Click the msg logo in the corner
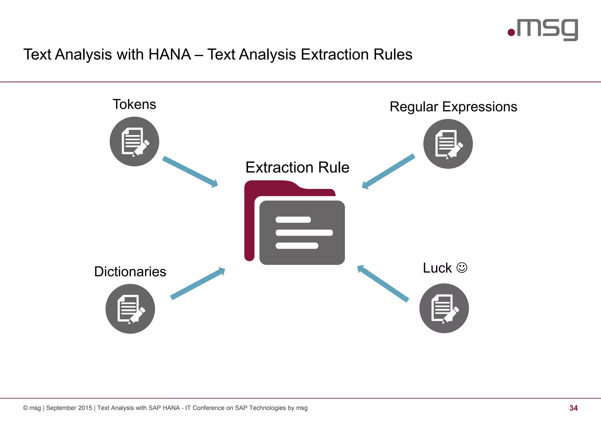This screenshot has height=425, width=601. pyautogui.click(x=543, y=29)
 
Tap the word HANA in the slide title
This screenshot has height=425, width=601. pyautogui.click(x=170, y=55)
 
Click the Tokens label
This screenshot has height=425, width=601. pyautogui.click(x=134, y=105)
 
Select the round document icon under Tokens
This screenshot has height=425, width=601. pyautogui.click(x=134, y=142)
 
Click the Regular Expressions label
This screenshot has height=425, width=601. pyautogui.click(x=453, y=107)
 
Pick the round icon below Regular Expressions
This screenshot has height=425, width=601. pyautogui.click(x=448, y=144)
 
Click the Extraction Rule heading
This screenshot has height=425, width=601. pyautogui.click(x=297, y=167)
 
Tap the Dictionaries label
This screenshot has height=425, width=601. pyautogui.click(x=130, y=272)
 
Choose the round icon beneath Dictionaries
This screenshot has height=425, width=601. pyautogui.click(x=130, y=309)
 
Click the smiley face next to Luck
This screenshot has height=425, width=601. pyautogui.click(x=462, y=268)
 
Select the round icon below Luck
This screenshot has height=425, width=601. pyautogui.click(x=444, y=308)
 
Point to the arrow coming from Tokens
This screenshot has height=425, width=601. pyautogui.click(x=190, y=172)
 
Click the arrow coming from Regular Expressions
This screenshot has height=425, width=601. pyautogui.click(x=388, y=171)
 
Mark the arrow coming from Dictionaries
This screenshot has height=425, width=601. pyautogui.click(x=197, y=284)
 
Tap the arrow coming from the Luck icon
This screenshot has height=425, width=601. pyautogui.click(x=383, y=283)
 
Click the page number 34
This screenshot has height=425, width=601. pyautogui.click(x=573, y=408)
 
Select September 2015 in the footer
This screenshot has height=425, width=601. pyautogui.click(x=69, y=408)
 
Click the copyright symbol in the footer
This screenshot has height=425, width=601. pyautogui.click(x=26, y=408)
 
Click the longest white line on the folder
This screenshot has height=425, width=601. pyautogui.click(x=304, y=233)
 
